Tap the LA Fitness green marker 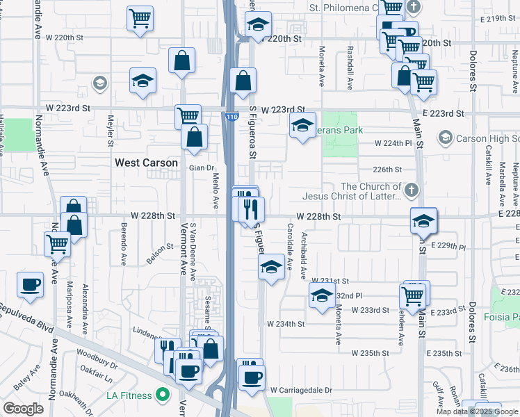tap(163, 396)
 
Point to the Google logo tap(23, 409)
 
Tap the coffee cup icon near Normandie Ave tap(31, 286)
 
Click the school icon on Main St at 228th tap(423, 222)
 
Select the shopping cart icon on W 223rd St tap(188, 116)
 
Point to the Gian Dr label tap(200, 168)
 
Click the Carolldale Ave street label tap(289, 251)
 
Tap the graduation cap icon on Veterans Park tap(302, 126)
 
